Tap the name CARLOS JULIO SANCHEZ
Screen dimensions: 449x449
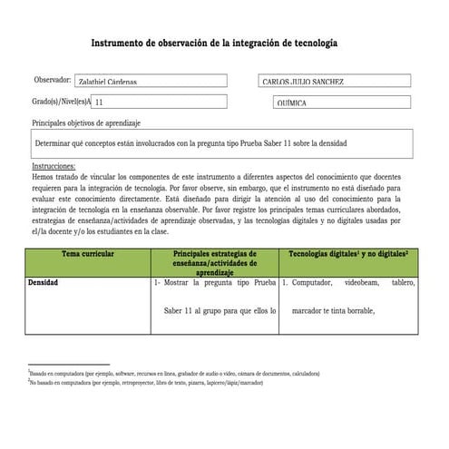click(302, 83)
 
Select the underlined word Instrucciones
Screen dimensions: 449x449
click(54, 167)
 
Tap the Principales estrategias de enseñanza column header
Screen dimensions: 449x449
click(215, 263)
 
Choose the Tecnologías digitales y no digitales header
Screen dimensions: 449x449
click(348, 255)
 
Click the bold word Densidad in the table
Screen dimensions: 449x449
click(44, 283)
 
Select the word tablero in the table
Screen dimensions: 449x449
click(403, 283)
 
